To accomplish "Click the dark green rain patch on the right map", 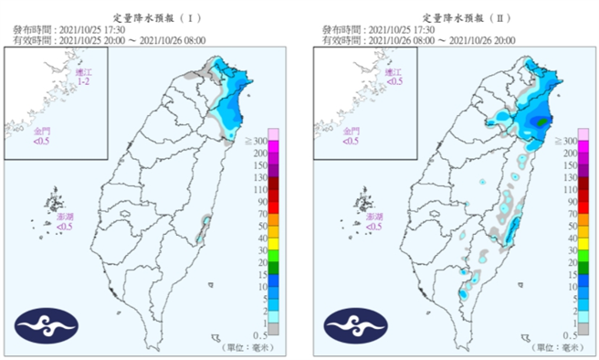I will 541,121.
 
